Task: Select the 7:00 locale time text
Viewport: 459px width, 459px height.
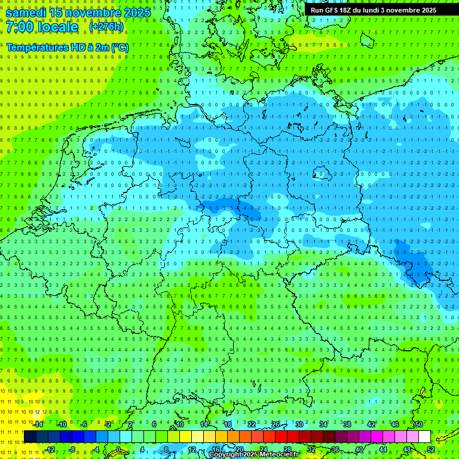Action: point(42,27)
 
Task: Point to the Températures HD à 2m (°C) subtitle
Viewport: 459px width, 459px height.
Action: point(68,47)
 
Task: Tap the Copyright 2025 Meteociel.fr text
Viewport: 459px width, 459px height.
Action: point(254,455)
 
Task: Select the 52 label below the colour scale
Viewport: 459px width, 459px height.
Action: point(431,449)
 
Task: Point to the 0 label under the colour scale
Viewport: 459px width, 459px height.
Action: point(118,449)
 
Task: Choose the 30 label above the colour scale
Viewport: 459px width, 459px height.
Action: point(299,424)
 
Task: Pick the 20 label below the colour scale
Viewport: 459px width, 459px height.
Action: point(239,449)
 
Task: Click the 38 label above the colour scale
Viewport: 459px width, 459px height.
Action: point(347,424)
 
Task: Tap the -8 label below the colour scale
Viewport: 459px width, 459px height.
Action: point(72,449)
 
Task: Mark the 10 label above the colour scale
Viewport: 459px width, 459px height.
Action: point(179,424)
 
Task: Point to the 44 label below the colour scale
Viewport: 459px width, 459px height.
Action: point(383,449)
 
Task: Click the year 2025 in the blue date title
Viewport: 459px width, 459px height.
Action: point(137,13)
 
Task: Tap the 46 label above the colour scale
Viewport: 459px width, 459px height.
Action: point(395,424)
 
